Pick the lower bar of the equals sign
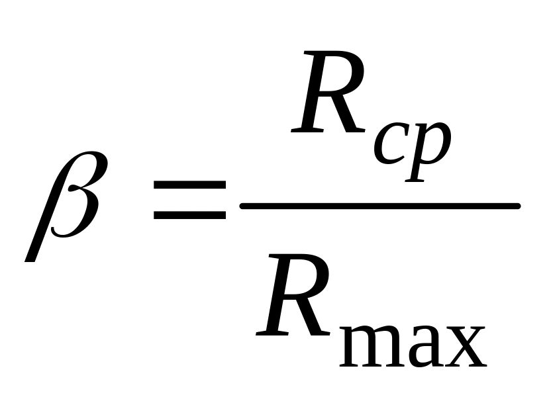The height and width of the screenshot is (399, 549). pos(189,216)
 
